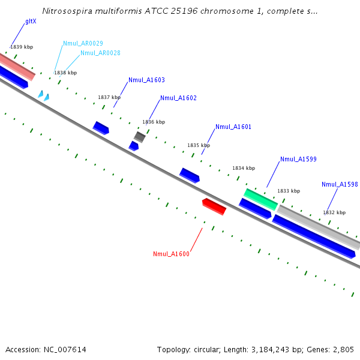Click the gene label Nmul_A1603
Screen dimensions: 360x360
pos(146,80)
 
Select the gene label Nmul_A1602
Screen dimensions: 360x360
pos(178,98)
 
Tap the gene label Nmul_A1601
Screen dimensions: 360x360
pos(233,127)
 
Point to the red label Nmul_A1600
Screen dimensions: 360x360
pos(171,254)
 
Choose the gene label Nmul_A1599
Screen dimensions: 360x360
pos(298,159)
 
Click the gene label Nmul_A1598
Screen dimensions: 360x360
pos(340,184)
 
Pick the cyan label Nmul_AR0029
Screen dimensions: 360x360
pos(83,43)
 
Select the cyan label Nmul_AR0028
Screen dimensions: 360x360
pos(100,53)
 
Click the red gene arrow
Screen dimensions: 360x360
pos(214,206)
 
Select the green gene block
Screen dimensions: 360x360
pos(260,199)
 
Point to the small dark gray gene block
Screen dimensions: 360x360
pos(140,137)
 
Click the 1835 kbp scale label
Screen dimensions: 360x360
pos(199,145)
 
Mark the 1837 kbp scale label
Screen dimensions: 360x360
pos(109,97)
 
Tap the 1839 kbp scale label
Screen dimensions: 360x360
pos(22,47)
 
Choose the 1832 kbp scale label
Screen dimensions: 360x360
pos(334,212)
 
